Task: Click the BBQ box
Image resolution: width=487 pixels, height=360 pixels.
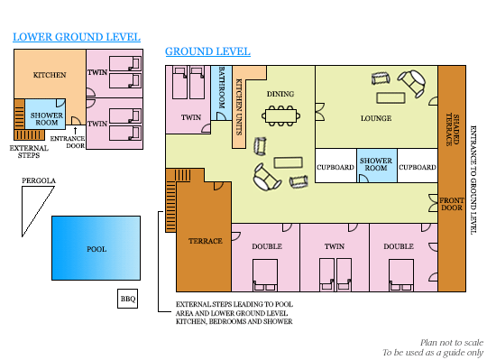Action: tap(127, 299)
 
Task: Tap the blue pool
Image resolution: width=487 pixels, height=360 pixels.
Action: tap(96, 248)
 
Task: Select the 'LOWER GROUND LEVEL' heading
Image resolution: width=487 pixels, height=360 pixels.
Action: tap(77, 37)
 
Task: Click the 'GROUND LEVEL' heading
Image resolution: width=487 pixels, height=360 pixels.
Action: tap(207, 51)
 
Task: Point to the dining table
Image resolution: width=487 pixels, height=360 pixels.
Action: tap(280, 115)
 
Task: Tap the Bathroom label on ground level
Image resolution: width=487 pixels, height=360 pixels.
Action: tap(222, 88)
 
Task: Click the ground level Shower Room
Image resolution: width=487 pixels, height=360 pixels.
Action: tap(377, 165)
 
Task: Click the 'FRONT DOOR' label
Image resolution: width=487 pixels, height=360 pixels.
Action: tap(452, 204)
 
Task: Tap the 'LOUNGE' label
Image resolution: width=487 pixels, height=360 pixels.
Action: tap(376, 118)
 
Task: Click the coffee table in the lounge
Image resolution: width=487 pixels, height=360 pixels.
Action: tap(391, 97)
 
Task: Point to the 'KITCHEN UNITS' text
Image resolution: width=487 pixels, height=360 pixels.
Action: tap(239, 107)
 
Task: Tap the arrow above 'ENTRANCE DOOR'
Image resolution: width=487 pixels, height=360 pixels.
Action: tap(75, 131)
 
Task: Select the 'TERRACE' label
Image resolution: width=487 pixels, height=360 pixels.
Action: tap(206, 241)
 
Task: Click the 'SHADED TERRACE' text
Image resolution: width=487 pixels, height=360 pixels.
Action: tap(453, 129)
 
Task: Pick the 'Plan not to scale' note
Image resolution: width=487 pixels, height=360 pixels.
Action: tap(452, 343)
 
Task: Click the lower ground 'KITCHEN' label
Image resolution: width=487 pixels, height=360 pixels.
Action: tap(50, 75)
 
